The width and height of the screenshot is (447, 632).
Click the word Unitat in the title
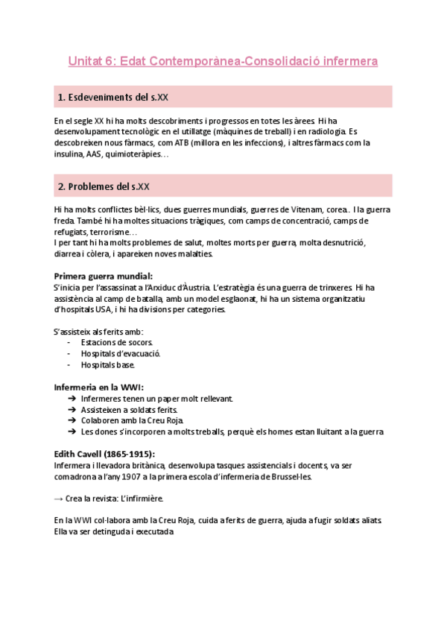(87, 60)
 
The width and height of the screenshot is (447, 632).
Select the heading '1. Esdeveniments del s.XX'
(117, 98)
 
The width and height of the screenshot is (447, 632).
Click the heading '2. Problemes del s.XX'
(104, 186)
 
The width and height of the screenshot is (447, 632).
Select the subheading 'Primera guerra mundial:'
(103, 276)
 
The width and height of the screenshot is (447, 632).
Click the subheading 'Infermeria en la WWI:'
(98, 387)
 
